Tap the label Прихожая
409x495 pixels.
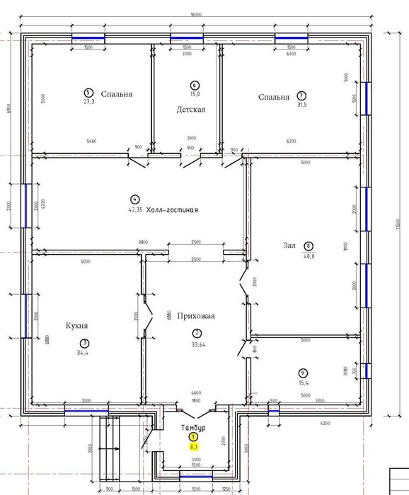click(196, 316)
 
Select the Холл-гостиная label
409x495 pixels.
click(171, 210)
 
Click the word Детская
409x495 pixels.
click(191, 110)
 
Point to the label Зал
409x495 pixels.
click(289, 246)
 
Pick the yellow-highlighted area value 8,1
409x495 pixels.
click(193, 447)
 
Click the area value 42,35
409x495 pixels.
click(136, 209)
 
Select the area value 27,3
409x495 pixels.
click(88, 101)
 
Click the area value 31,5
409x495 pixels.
click(301, 103)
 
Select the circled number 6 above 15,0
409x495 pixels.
click(195, 85)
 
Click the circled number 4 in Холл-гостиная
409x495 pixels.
click(135, 199)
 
